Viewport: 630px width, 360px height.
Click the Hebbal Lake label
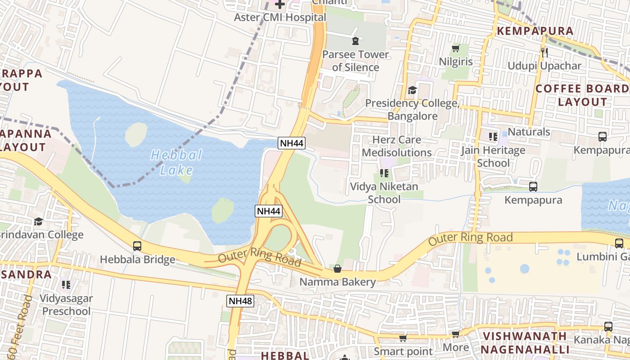click(176, 162)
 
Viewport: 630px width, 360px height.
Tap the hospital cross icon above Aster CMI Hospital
click(280, 5)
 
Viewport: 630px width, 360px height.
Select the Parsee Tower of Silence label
click(355, 61)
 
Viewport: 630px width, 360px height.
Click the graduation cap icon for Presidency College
click(412, 90)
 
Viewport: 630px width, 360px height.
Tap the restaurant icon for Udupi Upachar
click(544, 53)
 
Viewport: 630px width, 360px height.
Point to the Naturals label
click(529, 132)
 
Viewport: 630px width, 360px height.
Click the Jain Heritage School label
click(493, 157)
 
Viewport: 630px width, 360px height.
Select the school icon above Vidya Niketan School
click(384, 173)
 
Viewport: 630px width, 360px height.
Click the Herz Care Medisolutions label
click(397, 146)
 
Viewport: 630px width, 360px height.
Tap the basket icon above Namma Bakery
click(337, 269)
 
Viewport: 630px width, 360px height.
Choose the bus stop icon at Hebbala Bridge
click(137, 246)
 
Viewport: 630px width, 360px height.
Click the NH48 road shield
click(240, 301)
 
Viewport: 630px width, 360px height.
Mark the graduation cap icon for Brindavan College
click(39, 221)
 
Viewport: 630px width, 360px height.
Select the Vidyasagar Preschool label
click(66, 305)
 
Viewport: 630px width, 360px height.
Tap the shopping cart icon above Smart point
click(403, 338)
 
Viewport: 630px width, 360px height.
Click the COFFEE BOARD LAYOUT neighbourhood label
click(583, 95)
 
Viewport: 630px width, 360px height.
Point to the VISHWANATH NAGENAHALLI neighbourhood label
click(524, 343)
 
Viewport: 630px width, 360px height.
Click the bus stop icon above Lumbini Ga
click(619, 243)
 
